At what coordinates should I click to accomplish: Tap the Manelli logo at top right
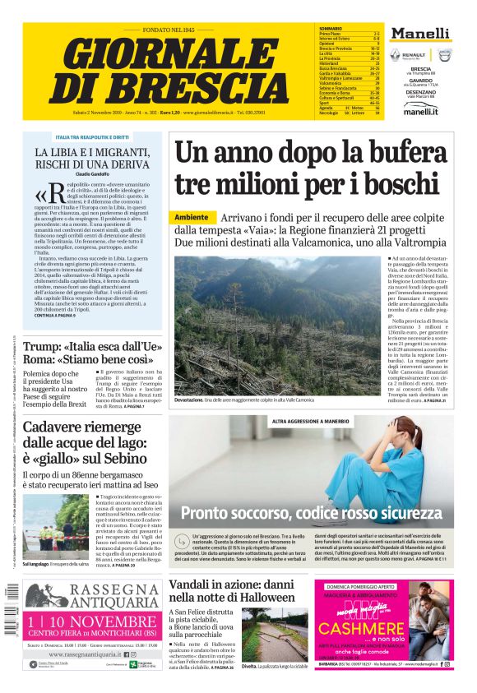pos(420,34)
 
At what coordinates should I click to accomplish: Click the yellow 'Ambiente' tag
pos(192,217)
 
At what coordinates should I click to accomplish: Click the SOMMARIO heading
pos(331,29)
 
